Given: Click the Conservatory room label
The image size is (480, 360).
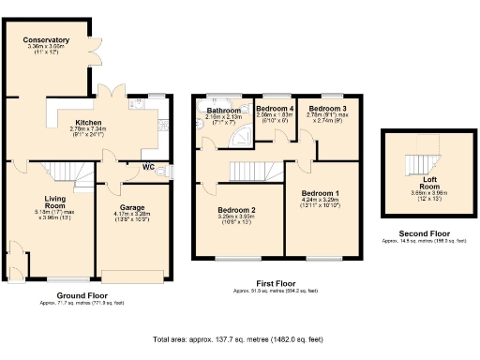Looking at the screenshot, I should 48,40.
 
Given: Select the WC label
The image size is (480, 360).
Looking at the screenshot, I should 149,169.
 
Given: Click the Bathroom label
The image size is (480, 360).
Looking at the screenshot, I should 224,110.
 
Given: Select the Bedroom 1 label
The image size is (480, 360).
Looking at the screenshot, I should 322,193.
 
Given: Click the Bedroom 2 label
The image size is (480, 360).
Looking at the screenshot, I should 237,210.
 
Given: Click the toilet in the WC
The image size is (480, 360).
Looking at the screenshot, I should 166,172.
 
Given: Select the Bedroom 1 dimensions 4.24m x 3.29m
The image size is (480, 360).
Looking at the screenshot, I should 322,200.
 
